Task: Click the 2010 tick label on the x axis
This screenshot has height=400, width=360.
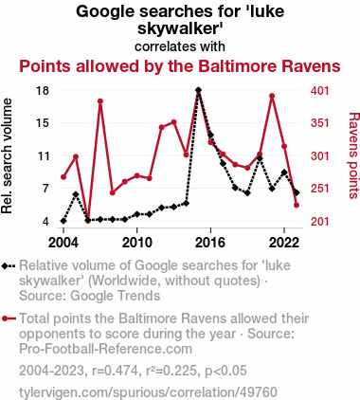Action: [137, 243]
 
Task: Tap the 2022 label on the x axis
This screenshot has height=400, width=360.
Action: [284, 243]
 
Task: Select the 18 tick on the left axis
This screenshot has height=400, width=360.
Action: [43, 91]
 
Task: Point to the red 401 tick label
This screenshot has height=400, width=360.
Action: [320, 91]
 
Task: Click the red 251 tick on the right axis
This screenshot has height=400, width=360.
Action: [320, 189]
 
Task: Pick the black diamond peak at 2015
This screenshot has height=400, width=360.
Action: [198, 90]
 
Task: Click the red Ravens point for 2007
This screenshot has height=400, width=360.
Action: [100, 101]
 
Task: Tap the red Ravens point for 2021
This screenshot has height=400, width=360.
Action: [272, 96]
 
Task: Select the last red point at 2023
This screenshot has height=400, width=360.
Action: [297, 206]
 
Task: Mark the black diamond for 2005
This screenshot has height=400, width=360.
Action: [76, 194]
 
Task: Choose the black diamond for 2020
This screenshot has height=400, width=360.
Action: [260, 158]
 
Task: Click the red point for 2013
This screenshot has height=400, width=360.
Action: [173, 122]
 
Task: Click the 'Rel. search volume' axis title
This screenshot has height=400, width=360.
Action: [7, 156]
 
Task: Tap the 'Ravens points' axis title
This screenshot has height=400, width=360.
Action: [353, 155]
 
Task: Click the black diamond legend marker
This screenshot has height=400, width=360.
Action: [5, 265]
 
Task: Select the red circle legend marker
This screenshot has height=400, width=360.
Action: [5, 318]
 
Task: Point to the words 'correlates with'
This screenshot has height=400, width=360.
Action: [180, 46]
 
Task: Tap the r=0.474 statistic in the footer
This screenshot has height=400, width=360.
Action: [116, 371]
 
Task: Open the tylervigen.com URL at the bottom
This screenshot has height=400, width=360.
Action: [148, 392]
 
